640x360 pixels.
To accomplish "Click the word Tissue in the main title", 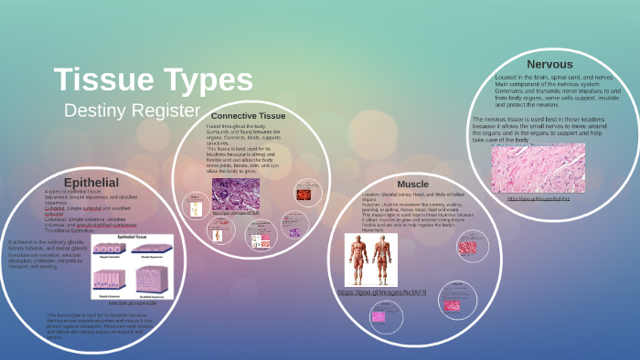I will pyautogui.click(x=101, y=80).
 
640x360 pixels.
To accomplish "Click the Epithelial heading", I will pyautogui.click(x=91, y=182).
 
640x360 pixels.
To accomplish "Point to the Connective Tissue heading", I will pyautogui.click(x=248, y=116).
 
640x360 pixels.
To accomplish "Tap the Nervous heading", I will pyautogui.click(x=549, y=64).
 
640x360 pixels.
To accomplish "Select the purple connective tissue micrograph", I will pyautogui.click(x=236, y=193).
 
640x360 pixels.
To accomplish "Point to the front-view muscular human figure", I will pyautogui.click(x=357, y=259).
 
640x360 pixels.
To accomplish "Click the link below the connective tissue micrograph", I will pyautogui.click(x=236, y=213).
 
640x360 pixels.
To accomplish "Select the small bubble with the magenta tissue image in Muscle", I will pyautogui.click(x=377, y=316).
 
